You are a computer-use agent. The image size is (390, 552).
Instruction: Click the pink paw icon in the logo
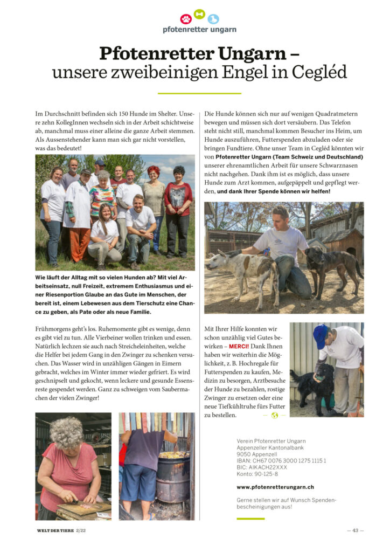(186, 19)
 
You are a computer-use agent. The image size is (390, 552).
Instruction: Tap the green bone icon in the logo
(199, 14)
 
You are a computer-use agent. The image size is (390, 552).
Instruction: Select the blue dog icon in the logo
(213, 19)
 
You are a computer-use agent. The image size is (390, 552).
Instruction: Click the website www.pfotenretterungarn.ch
(275, 487)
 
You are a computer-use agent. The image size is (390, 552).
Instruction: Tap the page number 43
(356, 530)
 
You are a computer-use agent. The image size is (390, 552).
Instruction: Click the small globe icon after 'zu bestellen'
(275, 415)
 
